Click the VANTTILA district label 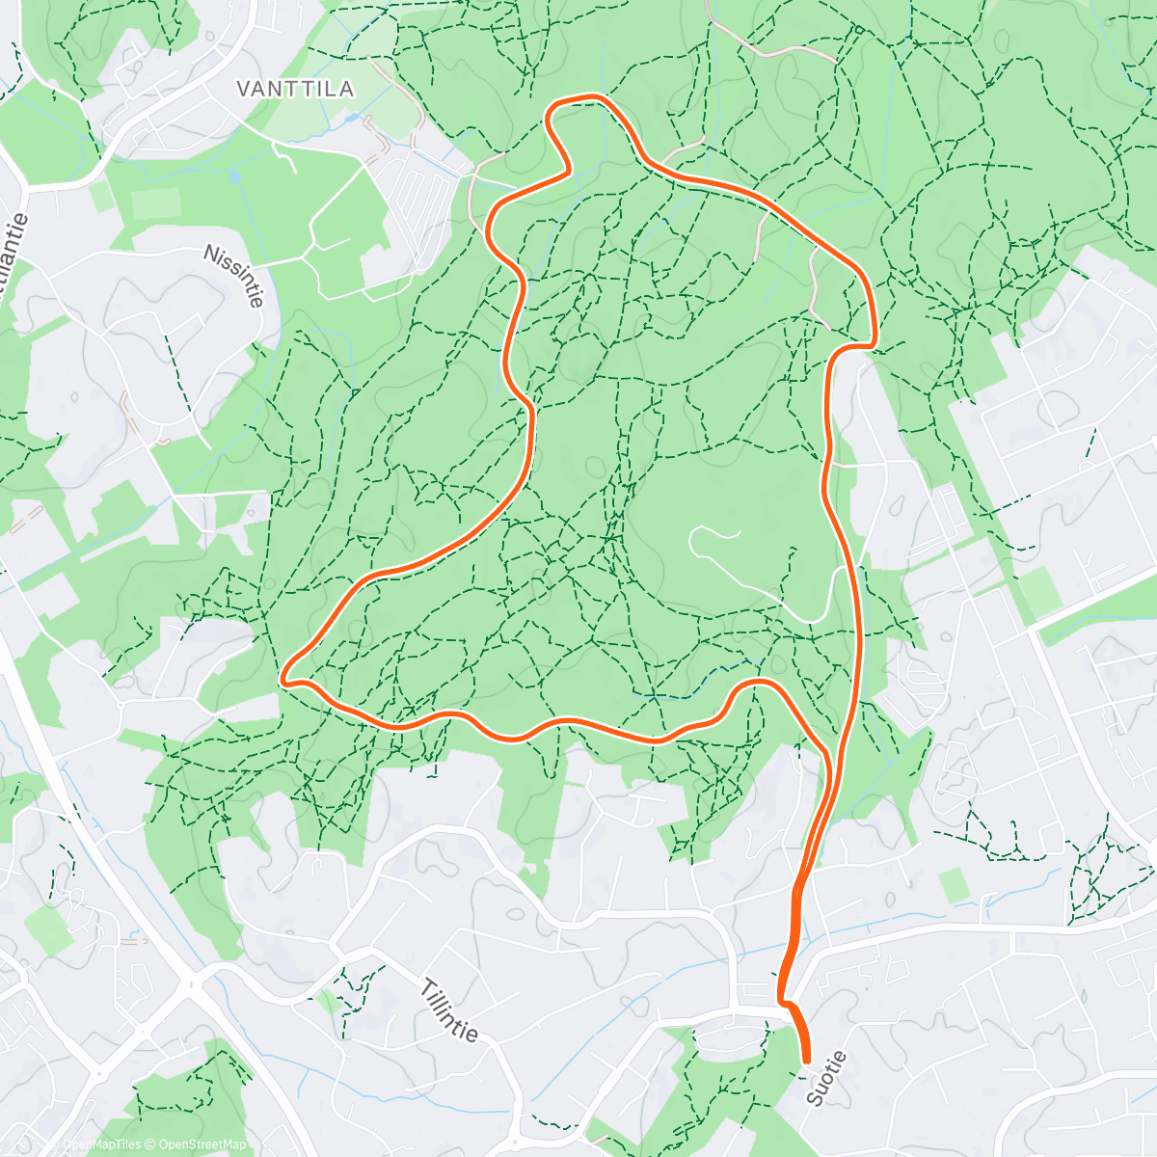point(295,89)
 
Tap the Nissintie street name point(233,276)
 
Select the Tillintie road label point(449,1009)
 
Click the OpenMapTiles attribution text point(102,1144)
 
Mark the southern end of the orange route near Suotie point(806,1061)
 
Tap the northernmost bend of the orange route point(578,98)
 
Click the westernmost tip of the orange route point(285,681)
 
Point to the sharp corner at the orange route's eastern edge point(873,342)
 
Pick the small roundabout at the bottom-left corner point(98,1073)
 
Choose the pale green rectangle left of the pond point(154,204)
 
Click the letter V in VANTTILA point(244,89)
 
